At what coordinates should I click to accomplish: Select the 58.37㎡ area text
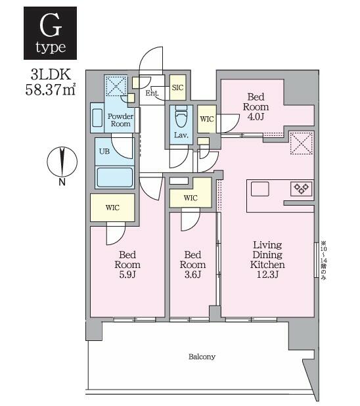(50, 89)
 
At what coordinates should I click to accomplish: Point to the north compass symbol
(62, 161)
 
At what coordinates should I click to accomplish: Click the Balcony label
(202, 357)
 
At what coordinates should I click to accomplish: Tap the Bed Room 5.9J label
(128, 265)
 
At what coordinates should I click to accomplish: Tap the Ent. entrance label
(152, 93)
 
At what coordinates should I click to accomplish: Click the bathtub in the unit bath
(114, 177)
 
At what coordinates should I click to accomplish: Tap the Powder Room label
(121, 120)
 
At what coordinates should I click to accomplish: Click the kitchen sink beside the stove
(259, 189)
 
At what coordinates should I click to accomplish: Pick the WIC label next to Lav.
(207, 120)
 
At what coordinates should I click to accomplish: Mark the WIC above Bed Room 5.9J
(113, 208)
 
